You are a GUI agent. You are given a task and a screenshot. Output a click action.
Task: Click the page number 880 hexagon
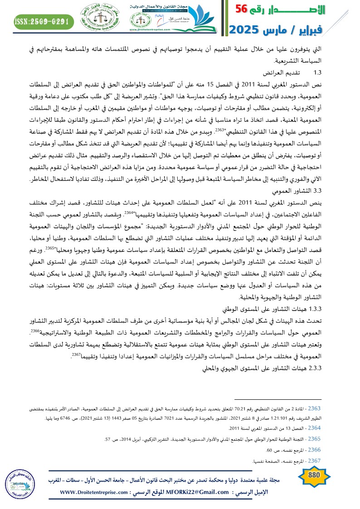coord(314,476)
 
